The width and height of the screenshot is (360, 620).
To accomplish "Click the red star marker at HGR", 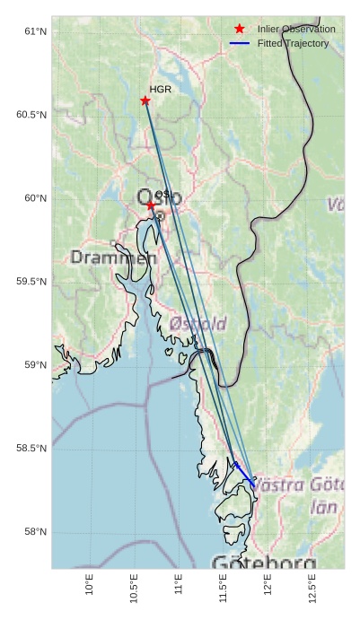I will pyautogui.click(x=145, y=100).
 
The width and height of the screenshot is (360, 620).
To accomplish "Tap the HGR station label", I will pyautogui.click(x=160, y=90).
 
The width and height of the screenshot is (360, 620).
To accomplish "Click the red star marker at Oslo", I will pyautogui.click(x=151, y=205).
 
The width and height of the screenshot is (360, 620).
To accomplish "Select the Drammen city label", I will pyautogui.click(x=113, y=258).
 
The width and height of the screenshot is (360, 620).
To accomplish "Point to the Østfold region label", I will pyautogui.click(x=198, y=323).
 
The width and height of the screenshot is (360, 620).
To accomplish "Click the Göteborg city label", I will pyautogui.click(x=264, y=563).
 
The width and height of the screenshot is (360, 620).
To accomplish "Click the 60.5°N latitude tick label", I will pyautogui.click(x=31, y=115).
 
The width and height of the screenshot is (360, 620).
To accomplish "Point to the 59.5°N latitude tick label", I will pyautogui.click(x=31, y=282).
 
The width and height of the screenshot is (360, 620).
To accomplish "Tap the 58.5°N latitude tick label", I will pyautogui.click(x=31, y=449).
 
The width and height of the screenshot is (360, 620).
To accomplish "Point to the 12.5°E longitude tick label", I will pyautogui.click(x=312, y=588).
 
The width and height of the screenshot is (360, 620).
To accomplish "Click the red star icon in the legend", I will pyautogui.click(x=239, y=29).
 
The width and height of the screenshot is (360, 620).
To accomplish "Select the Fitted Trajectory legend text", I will pyautogui.click(x=293, y=43).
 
